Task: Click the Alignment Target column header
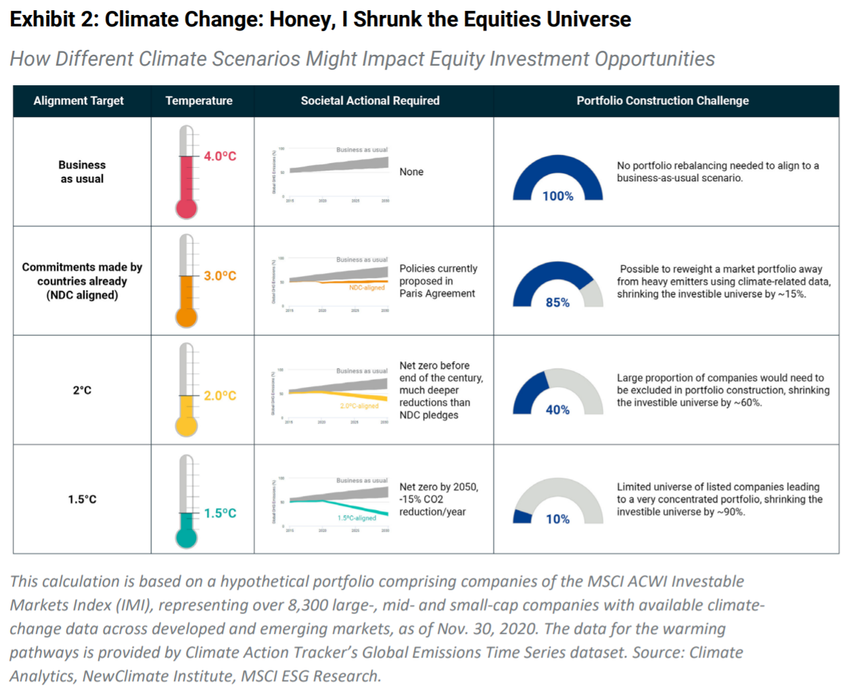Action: (78, 101)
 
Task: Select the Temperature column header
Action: (199, 101)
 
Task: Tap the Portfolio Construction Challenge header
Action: (662, 101)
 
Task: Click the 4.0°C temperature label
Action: (220, 156)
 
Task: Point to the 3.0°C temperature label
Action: (220, 276)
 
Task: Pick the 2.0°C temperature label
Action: (220, 396)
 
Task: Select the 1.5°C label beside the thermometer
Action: (220, 513)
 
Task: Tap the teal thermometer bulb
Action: (186, 538)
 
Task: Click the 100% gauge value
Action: (557, 196)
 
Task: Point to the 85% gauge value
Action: (557, 302)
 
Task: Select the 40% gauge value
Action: (557, 410)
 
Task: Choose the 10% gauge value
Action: (557, 519)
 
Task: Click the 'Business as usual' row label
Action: (82, 172)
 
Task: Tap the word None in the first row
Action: (411, 172)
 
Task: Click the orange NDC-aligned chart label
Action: (367, 287)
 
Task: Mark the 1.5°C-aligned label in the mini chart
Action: (357, 518)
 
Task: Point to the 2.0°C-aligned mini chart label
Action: (359, 406)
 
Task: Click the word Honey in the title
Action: (302, 19)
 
